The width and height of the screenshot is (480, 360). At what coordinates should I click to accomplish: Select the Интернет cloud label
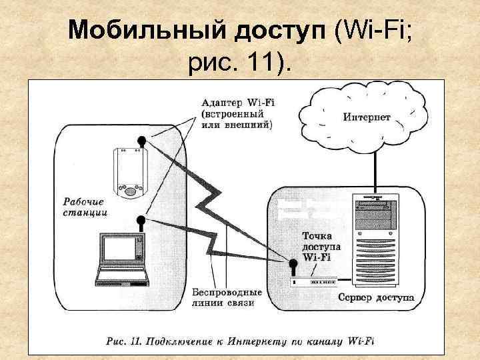[367, 117]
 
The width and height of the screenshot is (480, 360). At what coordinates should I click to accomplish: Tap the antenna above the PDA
[142, 141]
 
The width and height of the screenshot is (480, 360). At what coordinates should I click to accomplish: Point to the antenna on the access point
[292, 267]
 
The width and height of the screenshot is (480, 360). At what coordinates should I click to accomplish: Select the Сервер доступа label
[375, 297]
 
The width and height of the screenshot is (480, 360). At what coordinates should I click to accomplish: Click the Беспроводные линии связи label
[227, 297]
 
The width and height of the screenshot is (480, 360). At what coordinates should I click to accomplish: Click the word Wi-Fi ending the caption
[359, 341]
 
